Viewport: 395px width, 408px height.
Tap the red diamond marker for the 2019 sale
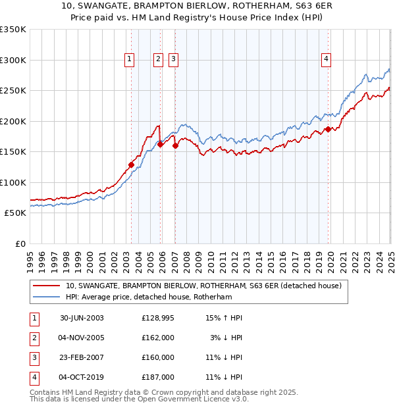point(328,130)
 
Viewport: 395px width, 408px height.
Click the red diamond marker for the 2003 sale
point(131,165)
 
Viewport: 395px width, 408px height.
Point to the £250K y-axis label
point(13,91)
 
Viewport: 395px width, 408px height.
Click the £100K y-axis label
point(13,182)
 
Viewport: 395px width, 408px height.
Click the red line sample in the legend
point(45,286)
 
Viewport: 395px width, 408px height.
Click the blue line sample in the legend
point(45,297)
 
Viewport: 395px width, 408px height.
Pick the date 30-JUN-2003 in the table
point(82,318)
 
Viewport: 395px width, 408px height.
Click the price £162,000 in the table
point(158,338)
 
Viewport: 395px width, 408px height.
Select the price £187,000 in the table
point(158,377)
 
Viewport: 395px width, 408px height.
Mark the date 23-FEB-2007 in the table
point(82,357)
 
